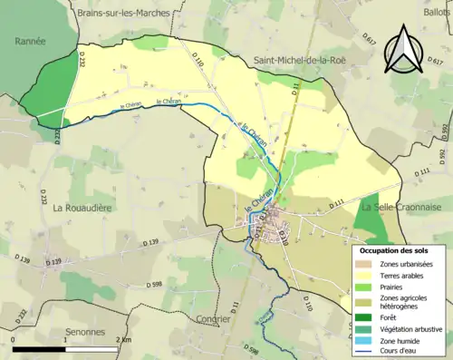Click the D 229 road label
(x=53, y=262)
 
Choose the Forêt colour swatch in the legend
(x=368, y=316)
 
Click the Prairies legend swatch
(x=368, y=287)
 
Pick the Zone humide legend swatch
(x=368, y=341)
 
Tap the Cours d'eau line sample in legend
(x=368, y=353)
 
